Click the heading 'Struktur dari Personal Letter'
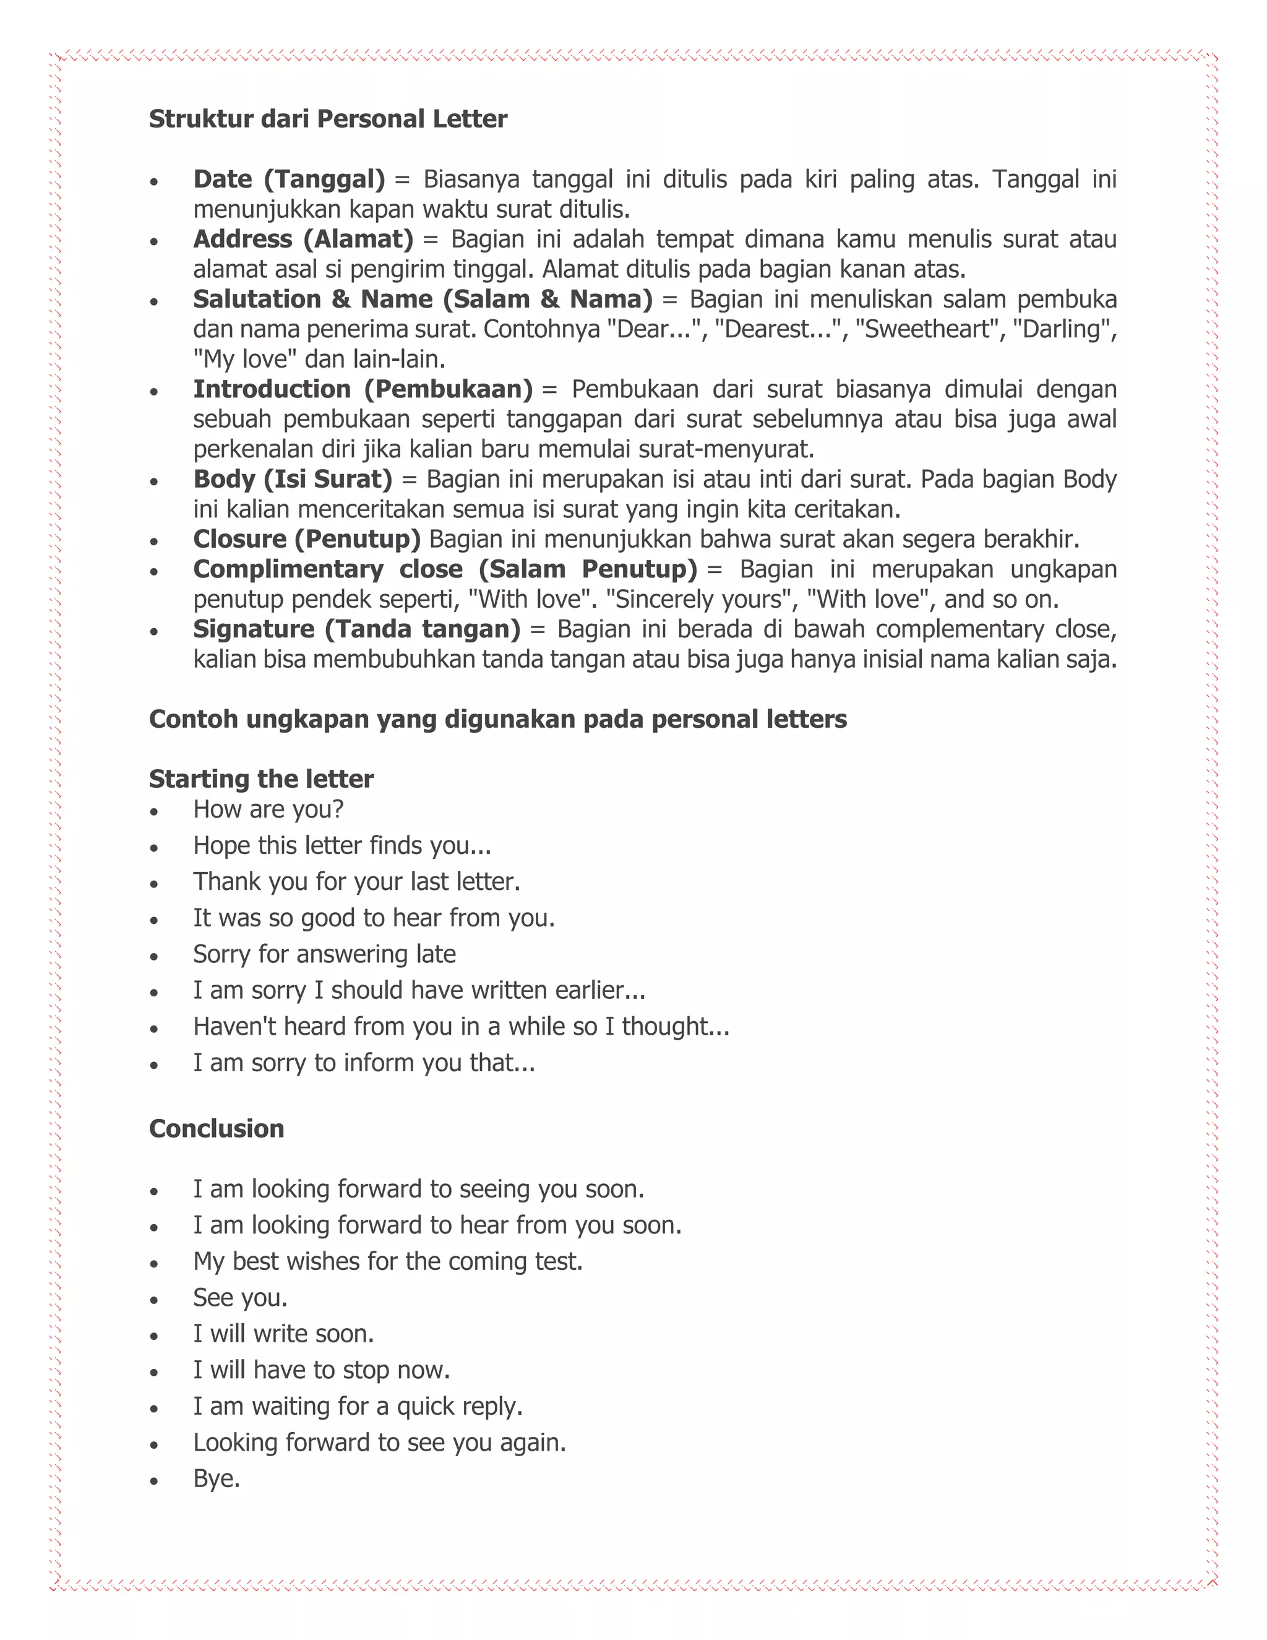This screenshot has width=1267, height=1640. [x=327, y=119]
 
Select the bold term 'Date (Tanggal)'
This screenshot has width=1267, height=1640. [x=289, y=179]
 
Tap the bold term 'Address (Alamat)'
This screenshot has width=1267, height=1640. [x=303, y=239]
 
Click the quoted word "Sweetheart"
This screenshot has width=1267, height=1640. [x=928, y=329]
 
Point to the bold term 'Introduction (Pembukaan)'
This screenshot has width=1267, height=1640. [x=363, y=389]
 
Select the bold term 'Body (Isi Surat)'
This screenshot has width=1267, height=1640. [x=293, y=479]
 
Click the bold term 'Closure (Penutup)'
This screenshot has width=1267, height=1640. [x=307, y=539]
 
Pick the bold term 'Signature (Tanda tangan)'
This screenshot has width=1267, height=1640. [x=356, y=629]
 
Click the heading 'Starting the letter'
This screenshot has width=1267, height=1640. [x=260, y=779]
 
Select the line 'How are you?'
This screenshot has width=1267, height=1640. [x=268, y=809]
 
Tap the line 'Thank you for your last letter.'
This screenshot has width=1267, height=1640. [x=356, y=881]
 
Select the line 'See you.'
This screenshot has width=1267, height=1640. [x=240, y=1298]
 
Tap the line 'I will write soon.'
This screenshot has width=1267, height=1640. [x=283, y=1334]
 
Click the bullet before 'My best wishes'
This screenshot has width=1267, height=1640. [x=154, y=1264]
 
